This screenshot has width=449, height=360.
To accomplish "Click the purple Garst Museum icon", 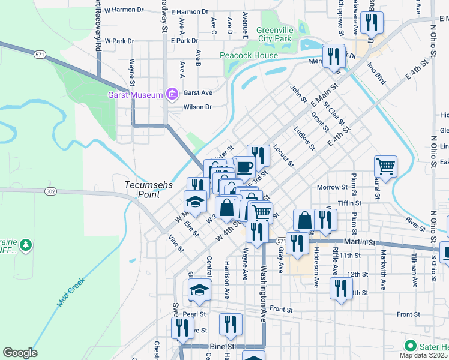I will [x=172, y=94].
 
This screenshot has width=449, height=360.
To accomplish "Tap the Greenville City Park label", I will [x=274, y=34].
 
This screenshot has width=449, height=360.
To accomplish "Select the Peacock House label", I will [x=249, y=56].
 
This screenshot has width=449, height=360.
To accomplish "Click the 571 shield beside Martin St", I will [x=282, y=241].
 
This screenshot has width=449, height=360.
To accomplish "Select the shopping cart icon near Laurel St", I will [x=385, y=166].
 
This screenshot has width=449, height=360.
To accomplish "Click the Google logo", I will [x=20, y=353].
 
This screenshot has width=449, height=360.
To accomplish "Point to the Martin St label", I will [x=361, y=242].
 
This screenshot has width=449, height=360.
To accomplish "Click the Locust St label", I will [x=282, y=155].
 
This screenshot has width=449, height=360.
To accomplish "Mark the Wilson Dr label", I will [x=198, y=107].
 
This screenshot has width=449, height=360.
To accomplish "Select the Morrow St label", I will [x=328, y=188].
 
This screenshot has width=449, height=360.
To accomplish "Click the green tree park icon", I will [x=25, y=245].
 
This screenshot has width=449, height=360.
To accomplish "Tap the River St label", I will [x=415, y=221].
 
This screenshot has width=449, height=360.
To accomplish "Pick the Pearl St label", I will [x=195, y=314].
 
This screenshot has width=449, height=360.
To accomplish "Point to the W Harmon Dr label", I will [x=124, y=10].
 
